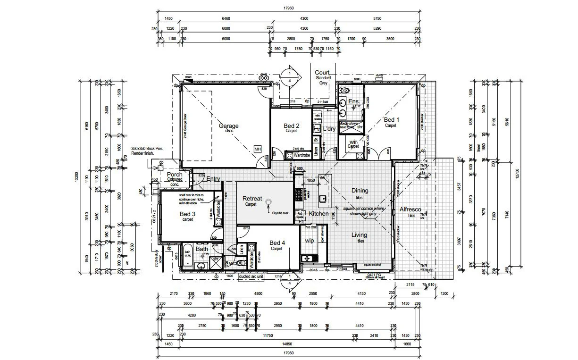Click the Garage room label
click(x=228, y=126)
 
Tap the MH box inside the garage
click(x=258, y=149)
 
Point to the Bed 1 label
click(x=391, y=120)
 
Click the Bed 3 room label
click(x=188, y=214)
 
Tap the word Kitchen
click(x=318, y=214)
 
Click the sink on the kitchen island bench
click(x=323, y=198)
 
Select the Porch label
click(x=175, y=175)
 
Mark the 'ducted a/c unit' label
click(x=251, y=276)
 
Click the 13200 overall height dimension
click(x=83, y=176)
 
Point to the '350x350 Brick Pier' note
click(x=148, y=148)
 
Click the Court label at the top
click(x=322, y=73)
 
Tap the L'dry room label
click(x=329, y=128)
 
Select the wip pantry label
click(x=310, y=240)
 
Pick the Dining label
click(x=360, y=191)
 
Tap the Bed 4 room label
click(x=276, y=243)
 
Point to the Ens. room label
click(x=354, y=101)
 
